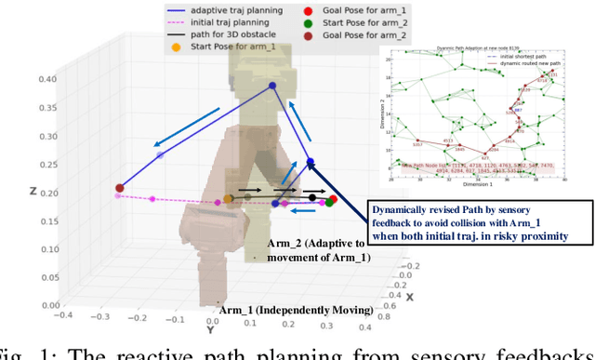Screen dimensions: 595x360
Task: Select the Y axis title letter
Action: point(211,329)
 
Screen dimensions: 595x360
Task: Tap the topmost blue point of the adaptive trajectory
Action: point(272,87)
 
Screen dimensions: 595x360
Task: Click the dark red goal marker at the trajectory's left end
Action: point(119,189)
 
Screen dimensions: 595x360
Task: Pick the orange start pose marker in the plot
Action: point(229,198)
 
